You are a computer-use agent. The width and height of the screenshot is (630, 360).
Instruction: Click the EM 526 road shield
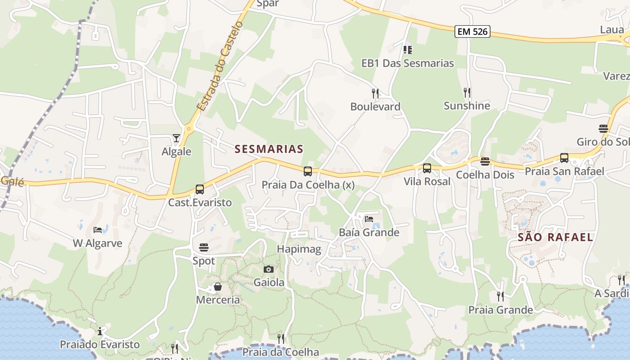472,31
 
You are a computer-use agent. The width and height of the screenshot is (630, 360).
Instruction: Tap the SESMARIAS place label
269,149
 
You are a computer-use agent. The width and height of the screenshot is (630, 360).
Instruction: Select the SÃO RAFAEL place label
555,237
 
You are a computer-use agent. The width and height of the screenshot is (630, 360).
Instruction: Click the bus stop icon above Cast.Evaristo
200,189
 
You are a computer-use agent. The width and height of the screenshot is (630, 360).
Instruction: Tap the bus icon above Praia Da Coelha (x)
308,171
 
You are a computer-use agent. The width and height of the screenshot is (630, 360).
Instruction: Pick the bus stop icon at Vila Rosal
427,168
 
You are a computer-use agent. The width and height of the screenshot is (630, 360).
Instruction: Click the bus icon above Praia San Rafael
564,158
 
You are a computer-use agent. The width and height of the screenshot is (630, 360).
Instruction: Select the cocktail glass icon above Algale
176,138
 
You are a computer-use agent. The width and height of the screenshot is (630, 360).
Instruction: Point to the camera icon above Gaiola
269,269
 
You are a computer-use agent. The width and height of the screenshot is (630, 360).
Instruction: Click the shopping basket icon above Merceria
218,287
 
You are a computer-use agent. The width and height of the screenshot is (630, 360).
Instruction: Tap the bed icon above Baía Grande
369,219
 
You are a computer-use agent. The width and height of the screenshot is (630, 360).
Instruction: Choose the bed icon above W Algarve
98,230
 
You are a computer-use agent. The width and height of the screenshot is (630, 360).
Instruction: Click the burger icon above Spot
204,247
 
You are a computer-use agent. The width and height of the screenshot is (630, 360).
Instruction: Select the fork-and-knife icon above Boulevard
375,93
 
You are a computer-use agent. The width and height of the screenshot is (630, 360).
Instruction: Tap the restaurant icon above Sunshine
467,92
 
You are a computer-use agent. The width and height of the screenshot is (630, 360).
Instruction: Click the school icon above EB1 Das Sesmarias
408,49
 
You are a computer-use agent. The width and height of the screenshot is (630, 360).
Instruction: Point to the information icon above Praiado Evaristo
100,332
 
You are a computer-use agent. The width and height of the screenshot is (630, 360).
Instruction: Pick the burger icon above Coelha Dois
485,162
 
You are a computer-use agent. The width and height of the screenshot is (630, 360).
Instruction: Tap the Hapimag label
299,249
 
